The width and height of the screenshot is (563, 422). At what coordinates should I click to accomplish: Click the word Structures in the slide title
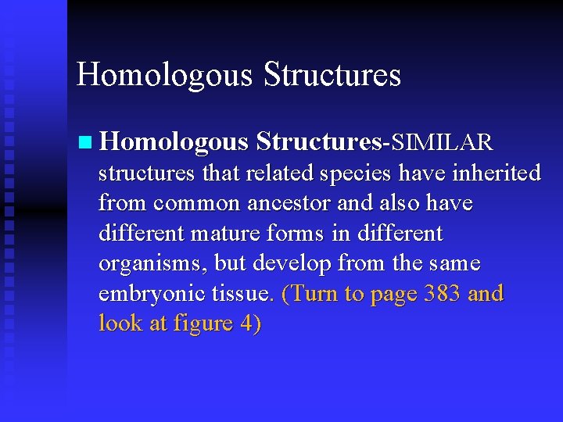coord(332,75)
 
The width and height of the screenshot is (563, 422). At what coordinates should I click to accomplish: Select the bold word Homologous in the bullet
coord(174,142)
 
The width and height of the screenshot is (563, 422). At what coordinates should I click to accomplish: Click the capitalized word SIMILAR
coord(442,142)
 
